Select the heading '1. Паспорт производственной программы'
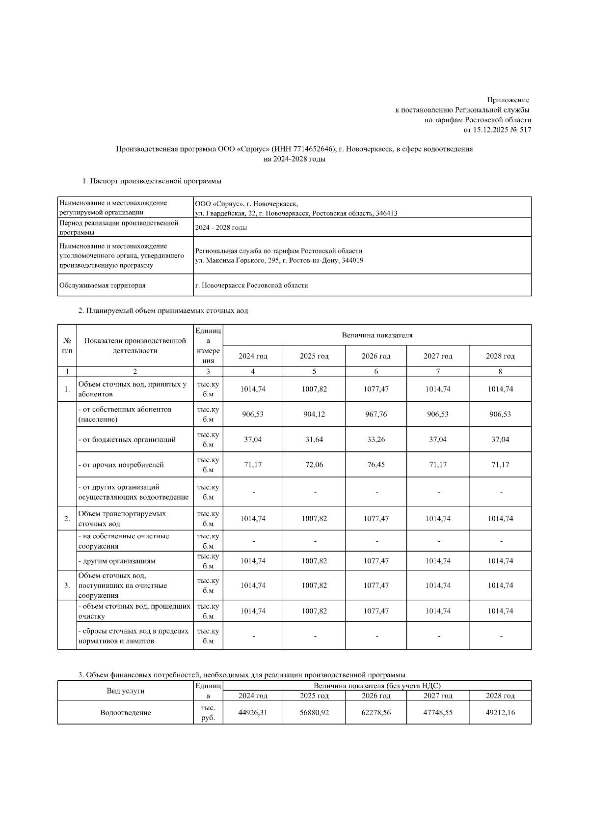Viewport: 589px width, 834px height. tap(152, 181)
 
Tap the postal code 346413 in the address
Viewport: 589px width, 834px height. tap(387, 213)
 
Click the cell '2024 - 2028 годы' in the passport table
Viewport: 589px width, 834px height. tap(221, 228)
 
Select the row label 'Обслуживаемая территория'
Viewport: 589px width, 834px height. tap(102, 285)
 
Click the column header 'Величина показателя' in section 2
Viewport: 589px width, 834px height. tap(377, 335)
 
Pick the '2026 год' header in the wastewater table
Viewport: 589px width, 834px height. tap(376, 356)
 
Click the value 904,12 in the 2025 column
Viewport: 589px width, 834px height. tap(314, 414)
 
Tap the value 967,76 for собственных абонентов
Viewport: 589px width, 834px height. tap(376, 414)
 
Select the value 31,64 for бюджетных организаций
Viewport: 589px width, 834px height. tap(314, 440)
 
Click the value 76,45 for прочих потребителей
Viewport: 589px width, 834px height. tap(376, 465)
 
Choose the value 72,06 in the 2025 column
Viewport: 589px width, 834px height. tap(314, 465)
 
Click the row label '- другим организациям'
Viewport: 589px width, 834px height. tap(117, 561)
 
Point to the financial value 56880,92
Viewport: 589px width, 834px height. tap(314, 713)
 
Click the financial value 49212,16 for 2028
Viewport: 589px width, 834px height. tap(500, 713)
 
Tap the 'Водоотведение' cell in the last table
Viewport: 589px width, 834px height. tap(126, 713)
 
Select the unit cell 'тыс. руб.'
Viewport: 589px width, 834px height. tap(208, 713)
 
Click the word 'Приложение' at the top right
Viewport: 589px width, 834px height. tap(508, 100)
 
